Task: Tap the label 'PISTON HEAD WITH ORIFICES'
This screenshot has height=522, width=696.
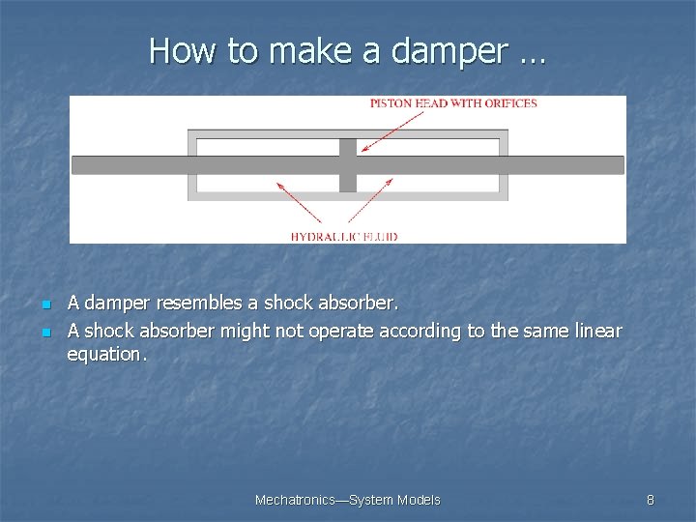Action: [453, 103]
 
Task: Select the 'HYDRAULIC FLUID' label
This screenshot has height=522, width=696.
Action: [344, 236]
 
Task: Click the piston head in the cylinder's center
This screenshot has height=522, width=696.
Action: [348, 165]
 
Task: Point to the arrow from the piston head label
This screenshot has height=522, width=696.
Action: [392, 132]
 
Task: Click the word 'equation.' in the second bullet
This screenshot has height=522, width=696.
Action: [107, 354]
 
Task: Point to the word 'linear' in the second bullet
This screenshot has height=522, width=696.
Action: [594, 331]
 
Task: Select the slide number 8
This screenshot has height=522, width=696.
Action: [651, 500]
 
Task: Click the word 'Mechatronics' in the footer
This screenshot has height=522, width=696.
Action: [293, 500]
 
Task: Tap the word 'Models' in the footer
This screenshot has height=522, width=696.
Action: [419, 500]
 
